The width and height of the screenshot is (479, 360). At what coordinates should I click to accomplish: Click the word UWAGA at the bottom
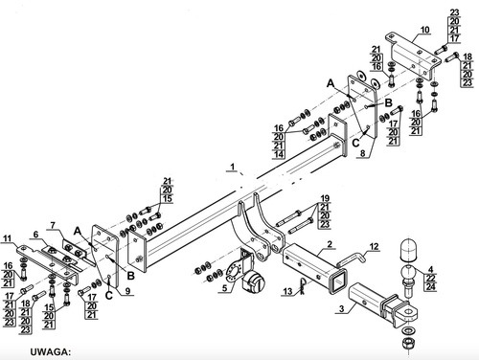pos(50,352)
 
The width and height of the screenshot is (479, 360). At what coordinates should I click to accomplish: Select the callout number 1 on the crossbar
pos(233,167)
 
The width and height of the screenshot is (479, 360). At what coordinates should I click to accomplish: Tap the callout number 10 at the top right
pos(425,30)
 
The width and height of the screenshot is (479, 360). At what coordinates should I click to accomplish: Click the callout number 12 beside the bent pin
pos(374,246)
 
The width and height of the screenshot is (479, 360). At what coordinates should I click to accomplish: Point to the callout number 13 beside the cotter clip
pos(287,291)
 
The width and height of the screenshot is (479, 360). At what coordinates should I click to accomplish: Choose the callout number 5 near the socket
pos(224,288)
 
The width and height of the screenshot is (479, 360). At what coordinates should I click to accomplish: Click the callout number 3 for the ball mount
pos(342,308)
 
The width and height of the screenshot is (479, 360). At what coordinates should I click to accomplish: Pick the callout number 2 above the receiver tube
pos(330,244)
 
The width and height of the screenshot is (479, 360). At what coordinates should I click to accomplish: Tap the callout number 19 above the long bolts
pos(325,198)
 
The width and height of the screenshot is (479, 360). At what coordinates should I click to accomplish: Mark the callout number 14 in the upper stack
pos(279,154)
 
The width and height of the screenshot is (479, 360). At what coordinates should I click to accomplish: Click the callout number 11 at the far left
pos(8,238)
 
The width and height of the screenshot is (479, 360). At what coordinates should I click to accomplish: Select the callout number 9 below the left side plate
pos(127,291)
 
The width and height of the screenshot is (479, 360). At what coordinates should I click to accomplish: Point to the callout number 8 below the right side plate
pos(363,153)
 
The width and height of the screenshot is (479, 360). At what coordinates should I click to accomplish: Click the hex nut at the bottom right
pos(408,344)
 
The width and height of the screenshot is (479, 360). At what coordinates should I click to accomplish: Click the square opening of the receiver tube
pos(338,281)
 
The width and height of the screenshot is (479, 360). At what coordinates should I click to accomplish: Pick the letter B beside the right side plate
pos(388,102)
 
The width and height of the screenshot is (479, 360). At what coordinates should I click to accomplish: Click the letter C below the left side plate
pos(109,295)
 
